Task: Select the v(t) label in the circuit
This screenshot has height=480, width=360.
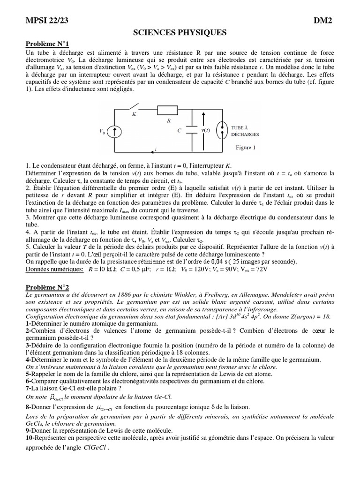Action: [206, 131]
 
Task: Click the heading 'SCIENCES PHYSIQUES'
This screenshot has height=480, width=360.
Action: [180, 32]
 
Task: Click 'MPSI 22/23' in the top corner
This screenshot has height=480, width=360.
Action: [48, 21]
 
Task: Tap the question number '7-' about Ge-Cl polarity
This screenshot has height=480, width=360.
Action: [29, 389]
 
